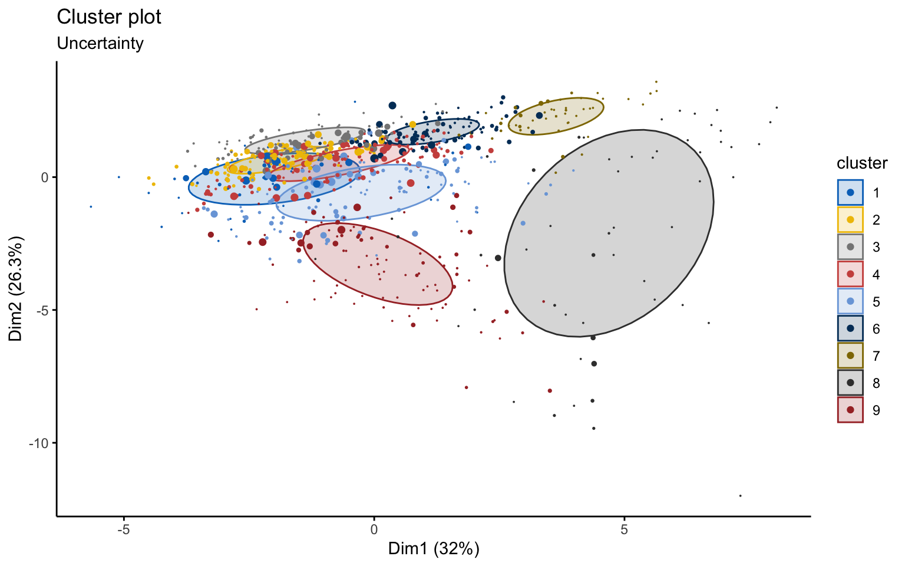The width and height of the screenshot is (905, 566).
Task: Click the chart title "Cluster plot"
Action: [109, 17]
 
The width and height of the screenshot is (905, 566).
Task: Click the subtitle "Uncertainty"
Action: [100, 43]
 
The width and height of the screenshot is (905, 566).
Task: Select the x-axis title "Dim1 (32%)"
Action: [434, 549]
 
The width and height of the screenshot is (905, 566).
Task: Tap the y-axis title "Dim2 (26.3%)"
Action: [16, 289]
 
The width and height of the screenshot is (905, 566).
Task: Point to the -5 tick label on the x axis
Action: [123, 529]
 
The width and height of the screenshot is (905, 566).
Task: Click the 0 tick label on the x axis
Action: [374, 529]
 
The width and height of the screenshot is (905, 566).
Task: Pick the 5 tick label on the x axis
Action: [624, 529]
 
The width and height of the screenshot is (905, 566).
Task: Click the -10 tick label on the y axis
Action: [39, 443]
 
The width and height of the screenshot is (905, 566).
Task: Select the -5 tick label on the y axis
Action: [44, 310]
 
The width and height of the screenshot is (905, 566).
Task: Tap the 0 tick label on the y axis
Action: [45, 177]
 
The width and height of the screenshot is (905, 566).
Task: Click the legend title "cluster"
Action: [862, 163]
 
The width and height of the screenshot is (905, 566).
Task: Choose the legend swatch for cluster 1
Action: [850, 192]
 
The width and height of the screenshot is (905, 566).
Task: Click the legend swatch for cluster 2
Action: [850, 219]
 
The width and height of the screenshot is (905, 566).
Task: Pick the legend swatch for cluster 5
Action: [850, 301]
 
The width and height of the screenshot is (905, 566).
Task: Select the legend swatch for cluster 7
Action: [850, 356]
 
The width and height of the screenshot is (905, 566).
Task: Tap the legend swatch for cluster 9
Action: [850, 410]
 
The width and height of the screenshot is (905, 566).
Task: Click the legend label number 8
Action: [876, 383]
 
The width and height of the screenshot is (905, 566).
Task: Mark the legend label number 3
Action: [876, 247]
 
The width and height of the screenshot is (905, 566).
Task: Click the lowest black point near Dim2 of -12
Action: [740, 496]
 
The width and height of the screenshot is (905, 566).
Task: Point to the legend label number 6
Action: [876, 329]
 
